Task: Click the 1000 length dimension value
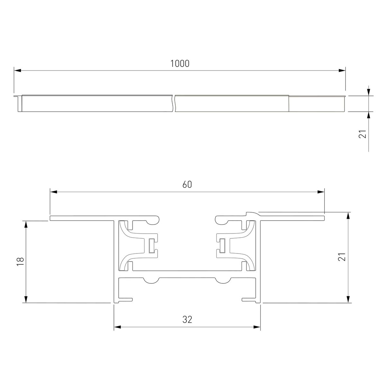click(180, 64)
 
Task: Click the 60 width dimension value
click(187, 185)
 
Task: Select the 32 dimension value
click(187, 319)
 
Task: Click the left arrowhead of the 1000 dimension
click(17, 70)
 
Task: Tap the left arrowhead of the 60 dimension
click(53, 192)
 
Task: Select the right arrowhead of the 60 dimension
click(321, 192)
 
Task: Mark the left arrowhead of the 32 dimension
click(117, 327)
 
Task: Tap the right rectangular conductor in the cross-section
click(222, 246)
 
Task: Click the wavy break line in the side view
click(174, 104)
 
